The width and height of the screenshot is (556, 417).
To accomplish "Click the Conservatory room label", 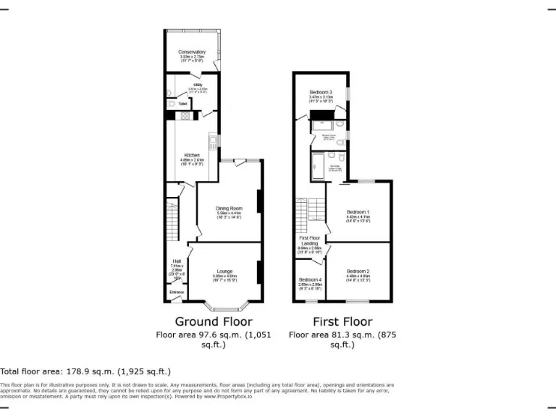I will click(192, 52).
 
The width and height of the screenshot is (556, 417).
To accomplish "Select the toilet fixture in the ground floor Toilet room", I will click(172, 104).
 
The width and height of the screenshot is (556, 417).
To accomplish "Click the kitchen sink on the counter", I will click(214, 140).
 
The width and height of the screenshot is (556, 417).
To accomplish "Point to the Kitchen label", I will click(191, 156).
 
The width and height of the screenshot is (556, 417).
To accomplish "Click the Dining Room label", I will click(229, 208).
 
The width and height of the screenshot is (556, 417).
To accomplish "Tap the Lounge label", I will click(224, 271).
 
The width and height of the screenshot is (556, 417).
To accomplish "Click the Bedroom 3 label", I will click(321, 93).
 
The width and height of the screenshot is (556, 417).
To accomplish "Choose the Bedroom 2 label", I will click(358, 271).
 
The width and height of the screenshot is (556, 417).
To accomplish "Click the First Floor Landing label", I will click(309, 240).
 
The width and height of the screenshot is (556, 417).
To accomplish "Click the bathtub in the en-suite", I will click(317, 167).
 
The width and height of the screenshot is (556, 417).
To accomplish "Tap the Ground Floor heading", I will click(213, 321).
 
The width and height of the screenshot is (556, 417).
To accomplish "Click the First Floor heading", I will click(342, 321).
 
